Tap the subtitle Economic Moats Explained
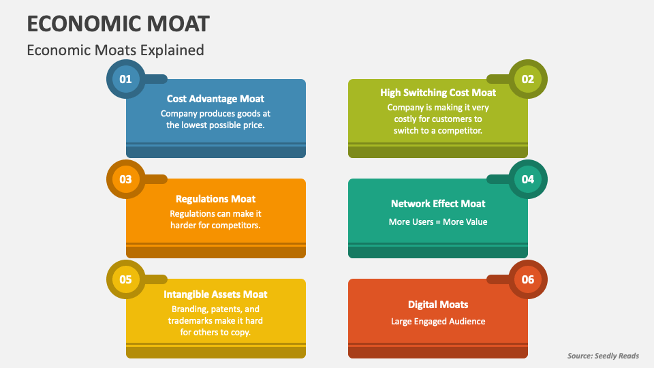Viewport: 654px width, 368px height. (x=115, y=50)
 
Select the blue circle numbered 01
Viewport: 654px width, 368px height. (x=125, y=79)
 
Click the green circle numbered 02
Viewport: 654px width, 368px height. (x=528, y=79)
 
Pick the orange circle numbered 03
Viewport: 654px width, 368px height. (x=125, y=179)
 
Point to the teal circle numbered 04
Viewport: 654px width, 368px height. (x=528, y=179)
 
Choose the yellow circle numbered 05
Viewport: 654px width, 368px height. (x=125, y=279)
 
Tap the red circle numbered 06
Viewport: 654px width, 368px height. (x=528, y=279)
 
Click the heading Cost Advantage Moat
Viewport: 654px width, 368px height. (x=215, y=99)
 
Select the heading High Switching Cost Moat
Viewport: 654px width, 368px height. (x=438, y=93)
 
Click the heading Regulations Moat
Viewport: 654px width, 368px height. (x=215, y=199)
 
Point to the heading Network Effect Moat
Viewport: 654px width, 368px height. (x=438, y=204)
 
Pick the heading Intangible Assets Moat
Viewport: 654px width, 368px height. (x=215, y=294)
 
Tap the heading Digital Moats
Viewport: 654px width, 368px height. (x=438, y=305)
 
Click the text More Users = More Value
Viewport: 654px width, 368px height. (x=438, y=221)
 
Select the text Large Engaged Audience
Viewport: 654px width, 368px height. (x=438, y=321)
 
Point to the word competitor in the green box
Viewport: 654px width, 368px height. (x=458, y=130)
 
